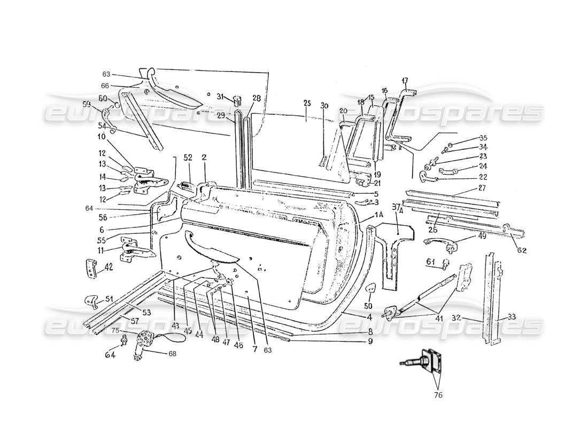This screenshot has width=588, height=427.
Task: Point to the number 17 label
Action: tap(405, 81)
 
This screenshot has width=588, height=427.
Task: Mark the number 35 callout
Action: tap(483, 138)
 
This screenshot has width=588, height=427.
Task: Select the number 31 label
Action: tap(220, 96)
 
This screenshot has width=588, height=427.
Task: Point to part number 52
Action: tap(188, 158)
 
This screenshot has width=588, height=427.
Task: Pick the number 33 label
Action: tap(512, 316)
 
